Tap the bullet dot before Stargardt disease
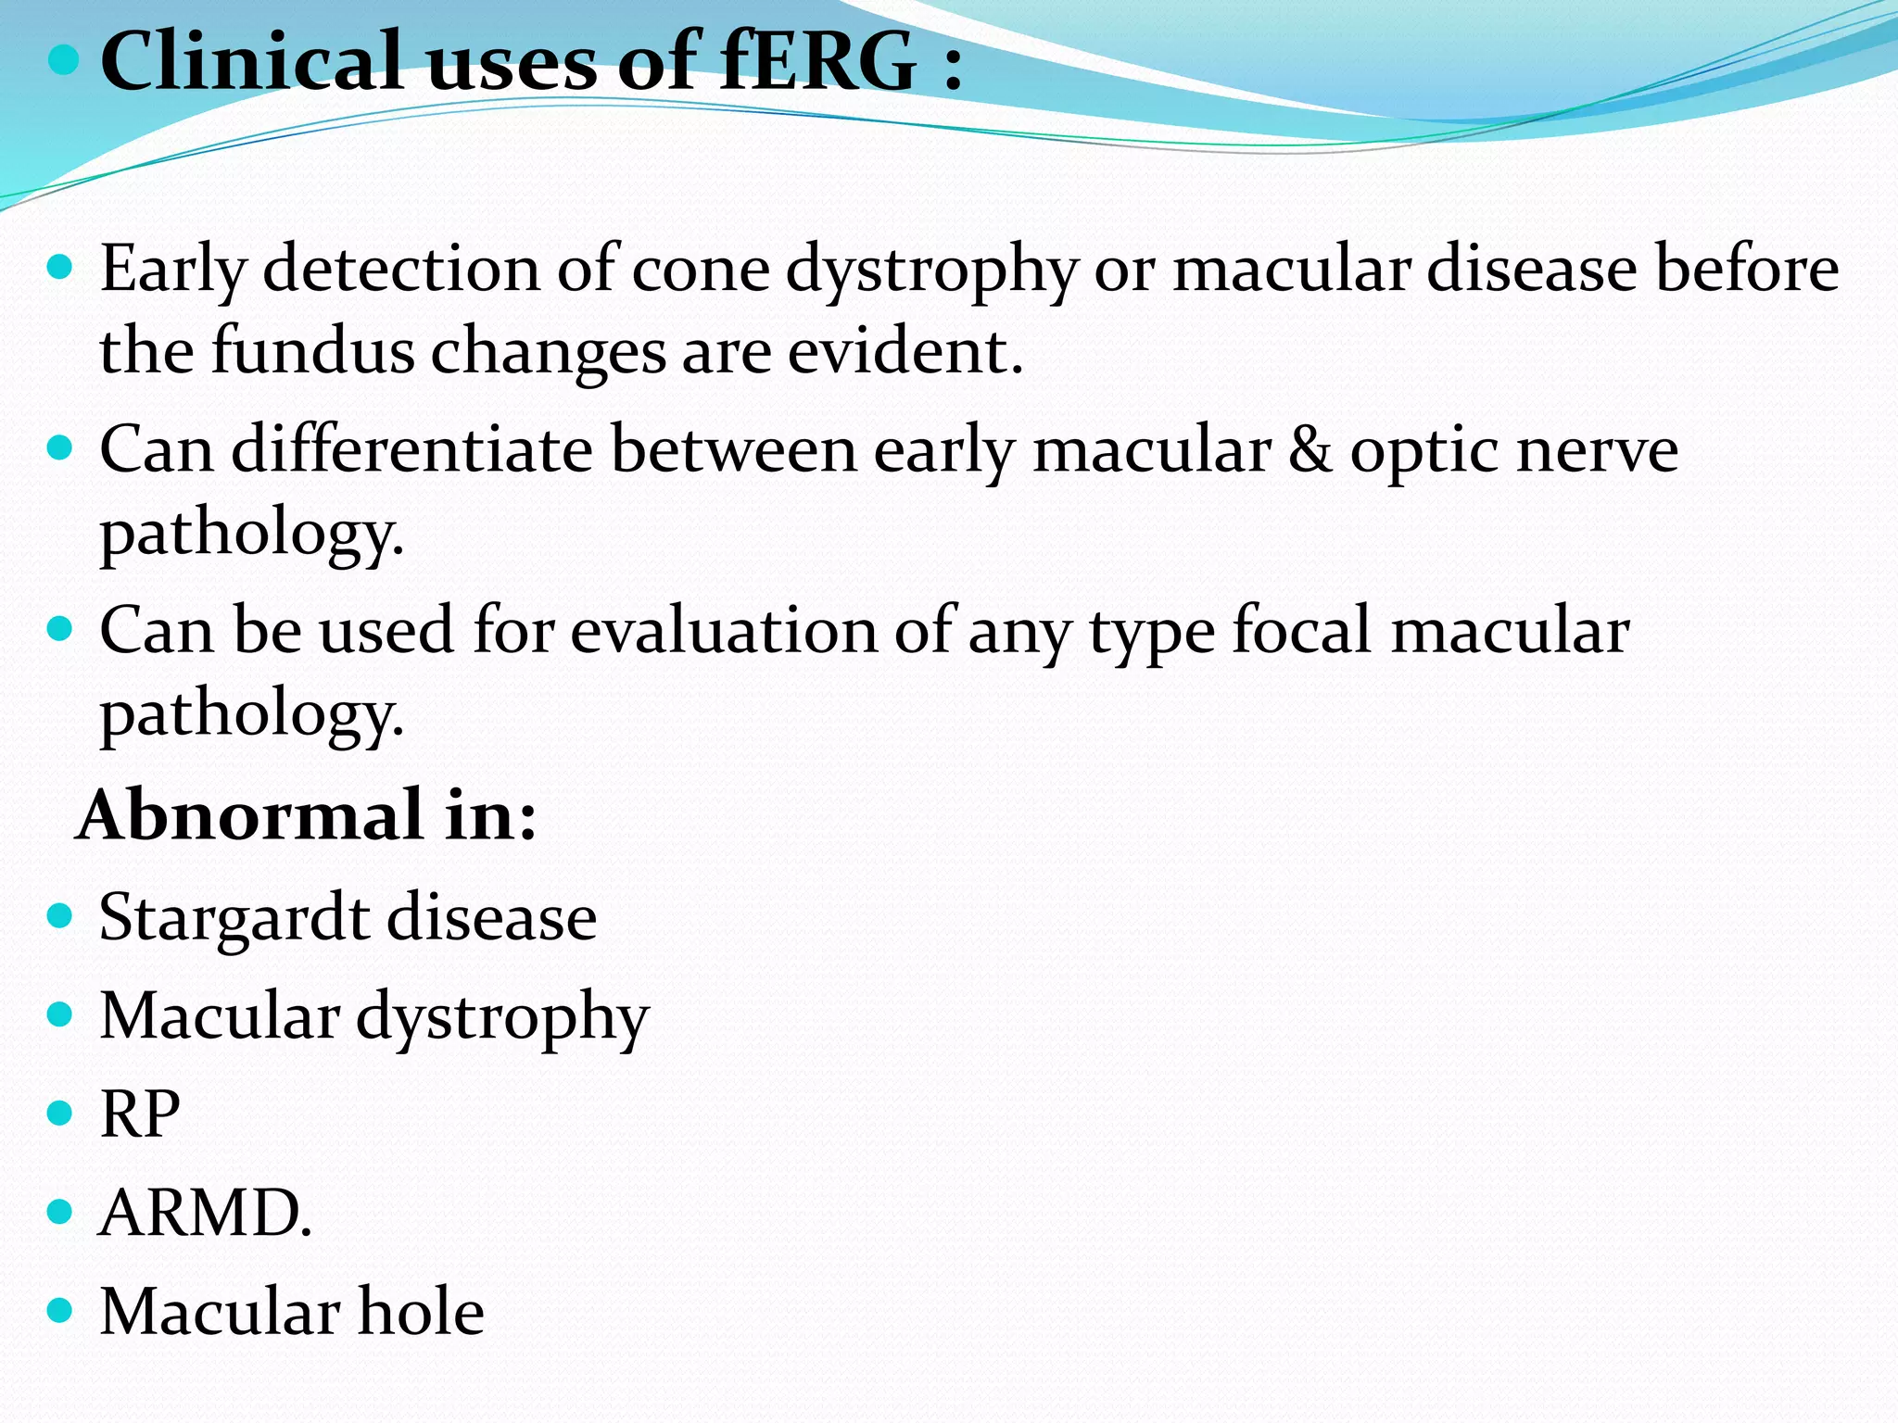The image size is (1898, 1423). [59, 916]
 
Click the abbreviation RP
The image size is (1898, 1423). [140, 1114]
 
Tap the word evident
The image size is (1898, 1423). [905, 352]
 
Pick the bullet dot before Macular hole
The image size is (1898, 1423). [59, 1310]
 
